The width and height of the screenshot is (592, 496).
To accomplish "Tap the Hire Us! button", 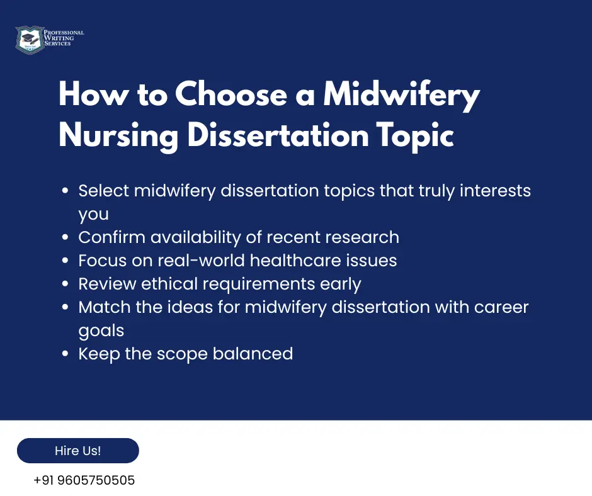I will pos(77,451).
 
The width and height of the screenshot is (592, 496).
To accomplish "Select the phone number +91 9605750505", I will pos(84,480).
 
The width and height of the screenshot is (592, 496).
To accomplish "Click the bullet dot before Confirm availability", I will pos(65,238).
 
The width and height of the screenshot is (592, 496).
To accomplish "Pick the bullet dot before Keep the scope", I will pos(65,354).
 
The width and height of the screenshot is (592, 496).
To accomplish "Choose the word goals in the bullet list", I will pos(101,331).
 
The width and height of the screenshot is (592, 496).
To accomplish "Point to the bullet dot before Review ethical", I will pos(65,285).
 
